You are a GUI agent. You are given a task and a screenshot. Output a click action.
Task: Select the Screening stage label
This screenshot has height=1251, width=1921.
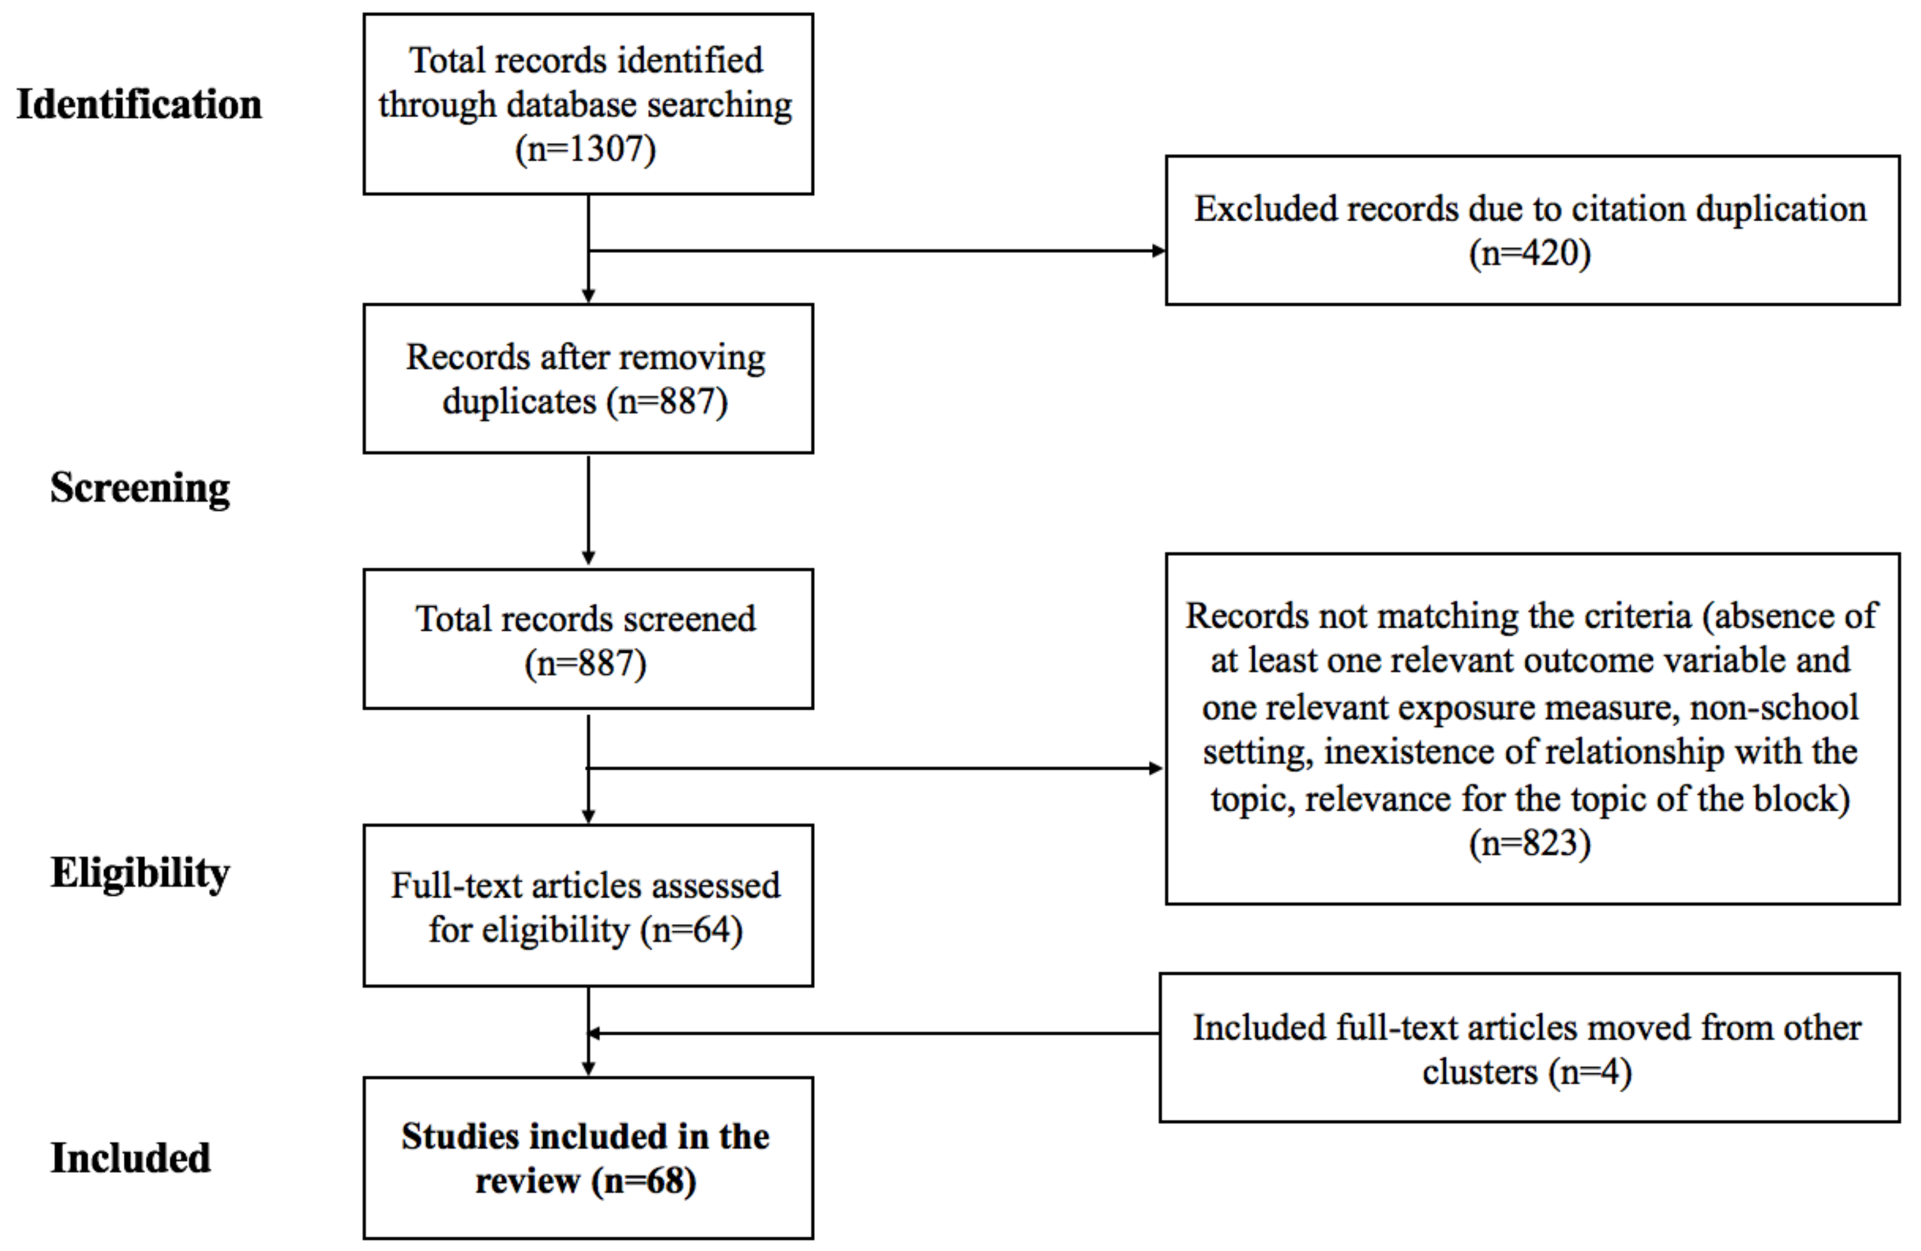(140, 488)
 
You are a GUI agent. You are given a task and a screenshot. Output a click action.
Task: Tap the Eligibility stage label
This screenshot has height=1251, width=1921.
(140, 873)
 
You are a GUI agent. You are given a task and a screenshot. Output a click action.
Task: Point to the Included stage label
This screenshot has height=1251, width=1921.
(131, 1158)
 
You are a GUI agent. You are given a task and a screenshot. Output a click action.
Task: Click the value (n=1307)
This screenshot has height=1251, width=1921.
(586, 148)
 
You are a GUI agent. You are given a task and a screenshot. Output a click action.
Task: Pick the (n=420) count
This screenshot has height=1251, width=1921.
(1531, 253)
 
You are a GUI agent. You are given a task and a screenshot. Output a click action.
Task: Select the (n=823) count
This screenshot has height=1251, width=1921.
(1531, 843)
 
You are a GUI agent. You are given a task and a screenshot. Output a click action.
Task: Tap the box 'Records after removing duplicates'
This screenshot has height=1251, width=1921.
(589, 378)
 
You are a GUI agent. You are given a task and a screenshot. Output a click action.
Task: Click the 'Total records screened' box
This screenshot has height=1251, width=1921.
(589, 639)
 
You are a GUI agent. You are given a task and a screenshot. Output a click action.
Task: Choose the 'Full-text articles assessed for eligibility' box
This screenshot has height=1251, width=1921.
(589, 905)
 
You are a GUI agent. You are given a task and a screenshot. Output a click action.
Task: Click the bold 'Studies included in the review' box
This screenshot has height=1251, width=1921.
(589, 1158)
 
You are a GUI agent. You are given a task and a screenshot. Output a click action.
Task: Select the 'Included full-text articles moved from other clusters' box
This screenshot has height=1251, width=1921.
(1529, 1047)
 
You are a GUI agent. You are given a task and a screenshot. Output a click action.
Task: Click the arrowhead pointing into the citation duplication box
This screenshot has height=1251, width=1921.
(1159, 250)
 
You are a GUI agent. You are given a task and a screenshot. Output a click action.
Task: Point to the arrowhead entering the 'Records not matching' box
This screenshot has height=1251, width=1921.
(1157, 768)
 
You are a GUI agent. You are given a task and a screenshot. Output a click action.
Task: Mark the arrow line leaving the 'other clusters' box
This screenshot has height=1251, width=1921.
(874, 1033)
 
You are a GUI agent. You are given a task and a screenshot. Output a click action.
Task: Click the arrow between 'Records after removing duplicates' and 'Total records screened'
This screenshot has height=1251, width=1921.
(589, 510)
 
